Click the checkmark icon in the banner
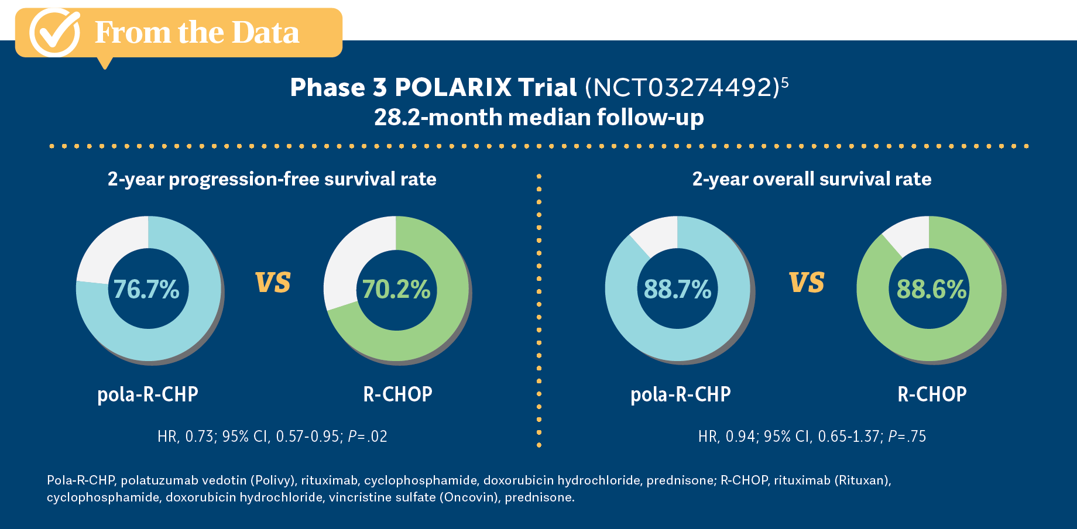click(54, 32)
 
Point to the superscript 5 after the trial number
click(785, 83)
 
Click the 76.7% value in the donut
click(146, 290)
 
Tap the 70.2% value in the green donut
click(396, 290)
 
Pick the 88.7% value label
click(677, 290)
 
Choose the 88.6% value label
click(931, 290)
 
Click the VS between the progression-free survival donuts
click(273, 283)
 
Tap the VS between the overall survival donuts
click(807, 283)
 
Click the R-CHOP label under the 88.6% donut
click(932, 394)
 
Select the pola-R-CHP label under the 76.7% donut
click(148, 394)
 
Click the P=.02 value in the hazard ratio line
click(368, 437)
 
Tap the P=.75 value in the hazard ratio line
click(907, 437)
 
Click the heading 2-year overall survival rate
click(811, 179)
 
